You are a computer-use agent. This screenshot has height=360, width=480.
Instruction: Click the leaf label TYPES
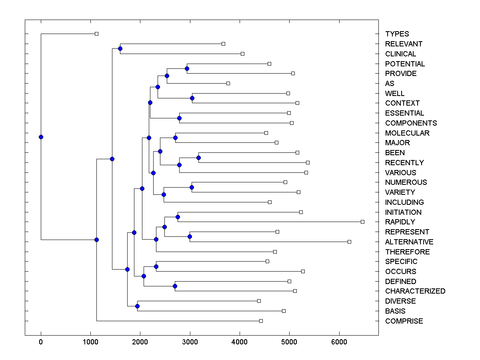[397, 34]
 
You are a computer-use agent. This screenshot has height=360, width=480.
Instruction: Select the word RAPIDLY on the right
[400, 222]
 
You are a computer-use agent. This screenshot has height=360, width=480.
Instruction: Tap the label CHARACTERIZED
[415, 291]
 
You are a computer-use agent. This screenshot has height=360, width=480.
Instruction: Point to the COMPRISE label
[404, 321]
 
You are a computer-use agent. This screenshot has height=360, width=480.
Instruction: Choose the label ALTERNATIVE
[409, 242]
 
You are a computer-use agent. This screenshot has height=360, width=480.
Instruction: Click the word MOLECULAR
[407, 133]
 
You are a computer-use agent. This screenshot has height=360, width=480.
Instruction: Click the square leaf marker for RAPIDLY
[362, 222]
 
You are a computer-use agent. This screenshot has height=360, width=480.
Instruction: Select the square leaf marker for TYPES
[96, 34]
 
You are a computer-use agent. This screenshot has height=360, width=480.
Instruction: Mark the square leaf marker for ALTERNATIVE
[349, 242]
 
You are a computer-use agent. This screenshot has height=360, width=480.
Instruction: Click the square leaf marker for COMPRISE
[261, 321]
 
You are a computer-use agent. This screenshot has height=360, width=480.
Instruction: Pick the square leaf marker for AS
[228, 83]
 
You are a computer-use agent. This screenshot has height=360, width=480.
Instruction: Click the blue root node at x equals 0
[41, 137]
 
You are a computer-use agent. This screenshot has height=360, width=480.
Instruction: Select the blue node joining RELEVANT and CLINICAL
[120, 48]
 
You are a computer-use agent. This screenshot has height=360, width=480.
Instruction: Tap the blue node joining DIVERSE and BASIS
[137, 306]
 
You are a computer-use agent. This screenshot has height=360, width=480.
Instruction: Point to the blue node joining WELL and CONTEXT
[192, 98]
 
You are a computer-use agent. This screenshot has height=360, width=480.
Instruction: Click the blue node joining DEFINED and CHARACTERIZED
[175, 286]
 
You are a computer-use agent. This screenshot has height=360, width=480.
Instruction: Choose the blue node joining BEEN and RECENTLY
[198, 158]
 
